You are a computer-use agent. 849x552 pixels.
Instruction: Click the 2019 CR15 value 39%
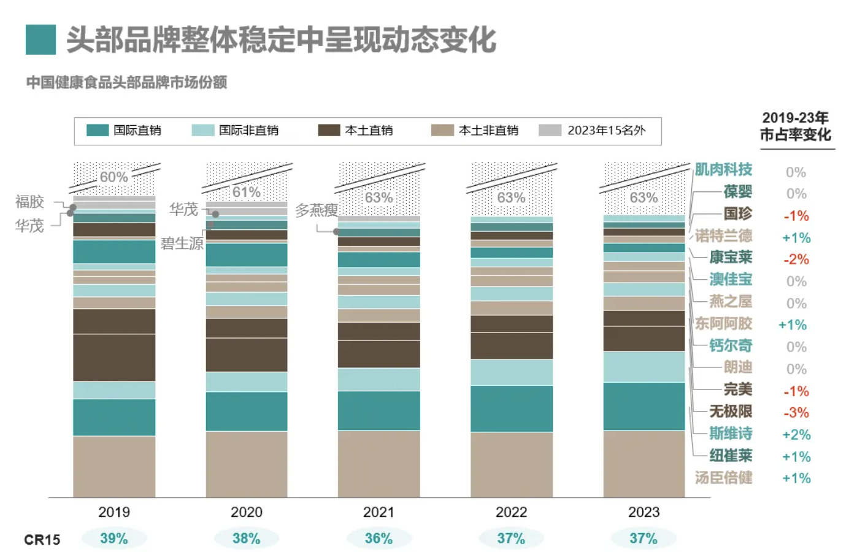pyautogui.click(x=113, y=539)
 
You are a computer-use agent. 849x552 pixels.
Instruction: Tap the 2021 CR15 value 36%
pyautogui.click(x=378, y=539)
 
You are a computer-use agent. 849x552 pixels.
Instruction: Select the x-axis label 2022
pyautogui.click(x=511, y=512)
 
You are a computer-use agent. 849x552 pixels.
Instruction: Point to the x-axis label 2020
pyautogui.click(x=247, y=512)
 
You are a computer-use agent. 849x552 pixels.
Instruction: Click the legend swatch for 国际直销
pyautogui.click(x=98, y=130)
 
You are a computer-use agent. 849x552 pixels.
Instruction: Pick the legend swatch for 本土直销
pyautogui.click(x=329, y=130)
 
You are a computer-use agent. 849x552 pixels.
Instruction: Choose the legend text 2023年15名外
pyautogui.click(x=607, y=130)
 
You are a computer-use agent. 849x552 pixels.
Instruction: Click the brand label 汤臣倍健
pyautogui.click(x=723, y=478)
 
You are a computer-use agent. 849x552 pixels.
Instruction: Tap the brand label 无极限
pyautogui.click(x=731, y=412)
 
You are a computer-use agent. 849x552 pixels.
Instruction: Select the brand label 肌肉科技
pyautogui.click(x=723, y=169)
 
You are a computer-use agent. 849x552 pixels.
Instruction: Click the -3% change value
pyautogui.click(x=796, y=413)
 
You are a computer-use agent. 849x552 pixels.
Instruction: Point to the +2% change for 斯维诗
pyautogui.click(x=796, y=435)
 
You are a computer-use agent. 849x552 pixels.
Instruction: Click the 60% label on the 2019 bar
pyautogui.click(x=113, y=177)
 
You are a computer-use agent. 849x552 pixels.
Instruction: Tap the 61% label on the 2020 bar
pyautogui.click(x=247, y=192)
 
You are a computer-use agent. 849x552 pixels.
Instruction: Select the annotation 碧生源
pyautogui.click(x=182, y=243)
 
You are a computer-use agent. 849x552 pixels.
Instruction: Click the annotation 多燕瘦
pyautogui.click(x=317, y=210)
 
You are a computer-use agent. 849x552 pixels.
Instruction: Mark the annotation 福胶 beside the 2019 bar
pyautogui.click(x=29, y=202)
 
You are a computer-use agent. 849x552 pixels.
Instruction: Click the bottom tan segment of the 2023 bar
pyautogui.click(x=644, y=464)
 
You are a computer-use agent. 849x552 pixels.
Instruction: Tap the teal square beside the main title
pyautogui.click(x=40, y=40)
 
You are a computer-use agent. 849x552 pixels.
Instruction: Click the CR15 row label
pyautogui.click(x=42, y=540)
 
